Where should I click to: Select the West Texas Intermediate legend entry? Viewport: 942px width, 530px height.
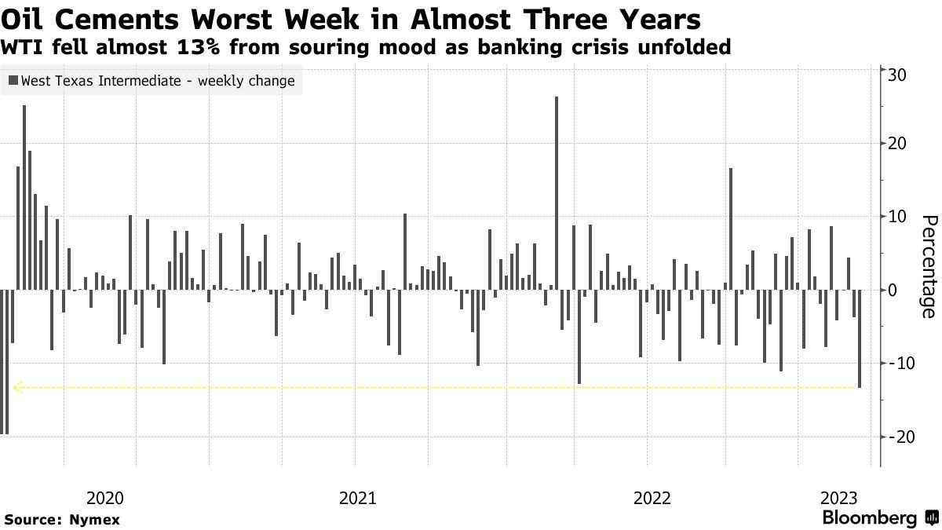pos(152,81)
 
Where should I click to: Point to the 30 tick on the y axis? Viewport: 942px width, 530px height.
pos(898,75)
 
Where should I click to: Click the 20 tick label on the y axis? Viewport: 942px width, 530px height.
pos(898,144)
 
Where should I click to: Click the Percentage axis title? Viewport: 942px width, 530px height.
pos(927,266)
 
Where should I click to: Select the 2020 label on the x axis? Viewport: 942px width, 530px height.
pos(104,498)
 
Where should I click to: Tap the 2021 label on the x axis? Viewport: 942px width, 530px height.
pos(357,498)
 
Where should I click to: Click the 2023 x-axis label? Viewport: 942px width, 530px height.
pos(839,498)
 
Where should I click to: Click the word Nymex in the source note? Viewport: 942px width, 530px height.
pos(94,520)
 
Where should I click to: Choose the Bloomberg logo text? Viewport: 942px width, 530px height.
pos(870,518)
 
